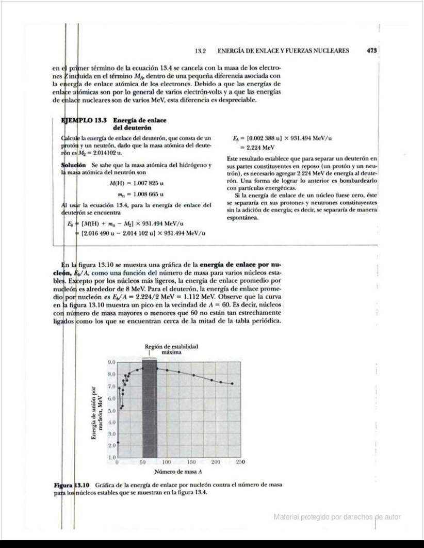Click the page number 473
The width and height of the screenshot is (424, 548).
click(x=372, y=51)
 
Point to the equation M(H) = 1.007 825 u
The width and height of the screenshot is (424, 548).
click(x=137, y=183)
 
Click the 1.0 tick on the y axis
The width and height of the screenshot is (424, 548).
click(x=111, y=457)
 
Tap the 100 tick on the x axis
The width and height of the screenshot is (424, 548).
click(x=167, y=462)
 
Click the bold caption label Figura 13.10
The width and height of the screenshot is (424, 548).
click(x=72, y=485)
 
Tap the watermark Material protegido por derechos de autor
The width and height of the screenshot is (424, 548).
click(x=337, y=517)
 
